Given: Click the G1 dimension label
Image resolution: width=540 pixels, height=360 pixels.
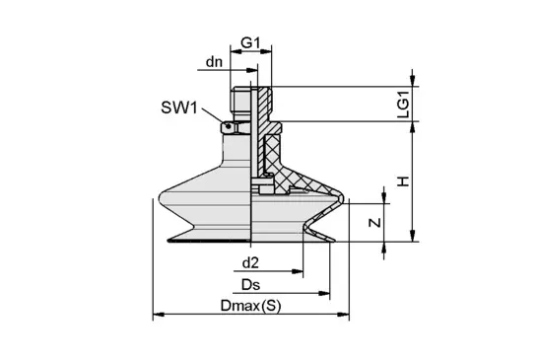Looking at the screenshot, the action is coord(250,43).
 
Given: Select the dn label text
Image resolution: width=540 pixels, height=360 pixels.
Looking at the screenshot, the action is coord(214,62).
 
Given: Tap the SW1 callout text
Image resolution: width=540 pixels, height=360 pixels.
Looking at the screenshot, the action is coord(179,108).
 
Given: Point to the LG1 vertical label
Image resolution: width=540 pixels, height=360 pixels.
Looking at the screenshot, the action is coord(403,105).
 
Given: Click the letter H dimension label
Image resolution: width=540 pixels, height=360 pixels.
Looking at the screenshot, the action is coord(403,181).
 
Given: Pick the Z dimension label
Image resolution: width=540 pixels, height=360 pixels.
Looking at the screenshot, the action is coord(375,223).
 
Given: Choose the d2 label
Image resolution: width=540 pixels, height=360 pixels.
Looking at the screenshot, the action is coord(250,263).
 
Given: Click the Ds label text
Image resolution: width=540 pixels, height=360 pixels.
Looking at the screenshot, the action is coord(250,285).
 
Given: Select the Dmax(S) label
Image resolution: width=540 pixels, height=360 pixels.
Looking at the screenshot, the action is coord(250,306).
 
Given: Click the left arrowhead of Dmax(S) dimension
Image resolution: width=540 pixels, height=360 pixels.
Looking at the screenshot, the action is coord(158,315).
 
